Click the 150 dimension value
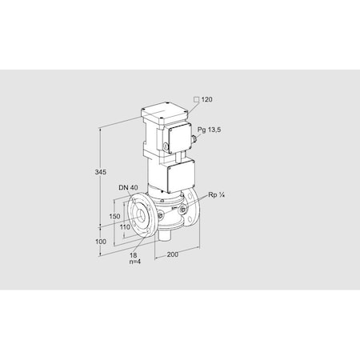click(115, 216)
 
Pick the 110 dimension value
click(126, 227)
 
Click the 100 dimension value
click(101, 241)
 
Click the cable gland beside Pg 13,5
click(194, 140)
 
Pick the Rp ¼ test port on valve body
click(185, 210)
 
